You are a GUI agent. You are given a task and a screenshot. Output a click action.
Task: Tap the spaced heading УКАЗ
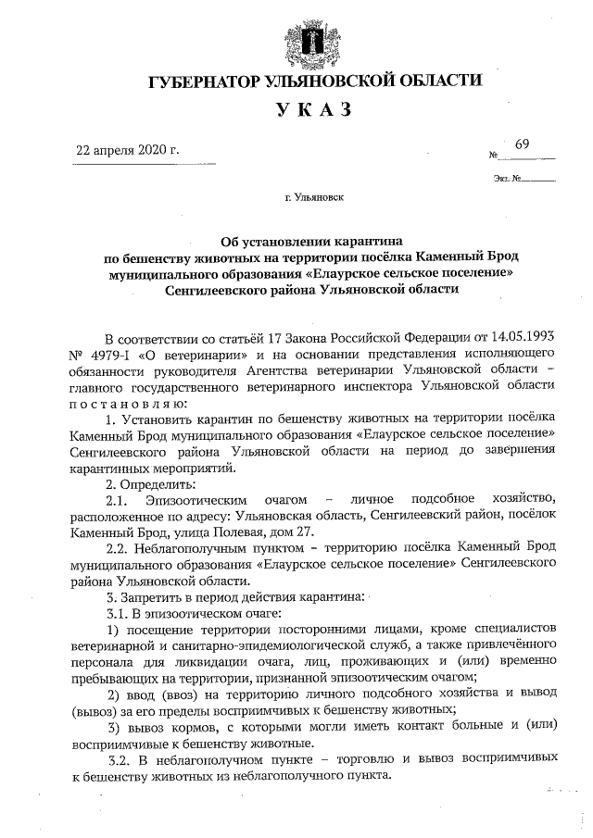[314, 112]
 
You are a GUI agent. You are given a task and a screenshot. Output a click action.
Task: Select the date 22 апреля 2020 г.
[127, 150]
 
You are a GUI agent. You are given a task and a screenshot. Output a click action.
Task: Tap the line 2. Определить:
[149, 484]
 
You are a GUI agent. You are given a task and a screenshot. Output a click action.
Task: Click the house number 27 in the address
[304, 533]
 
